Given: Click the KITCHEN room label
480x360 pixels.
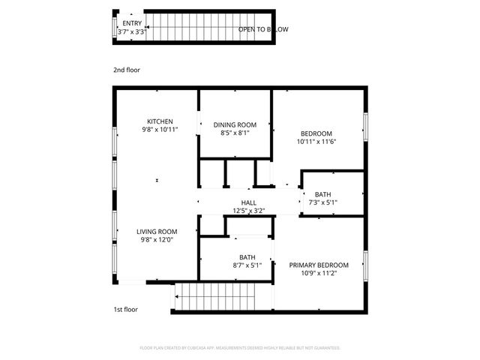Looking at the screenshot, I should pyautogui.click(x=160, y=121).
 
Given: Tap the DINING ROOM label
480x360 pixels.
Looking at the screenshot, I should pyautogui.click(x=235, y=124).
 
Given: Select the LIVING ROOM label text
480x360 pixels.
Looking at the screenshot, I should pyautogui.click(x=157, y=232).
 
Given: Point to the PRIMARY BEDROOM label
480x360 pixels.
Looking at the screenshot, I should pyautogui.click(x=319, y=265).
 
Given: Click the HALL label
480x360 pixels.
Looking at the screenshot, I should pyautogui.click(x=249, y=203).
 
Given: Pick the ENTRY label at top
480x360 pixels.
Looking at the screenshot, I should pyautogui.click(x=132, y=23).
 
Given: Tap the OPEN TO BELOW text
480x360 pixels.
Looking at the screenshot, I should pyautogui.click(x=263, y=29).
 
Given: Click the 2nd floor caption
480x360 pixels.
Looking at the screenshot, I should pyautogui.click(x=127, y=70).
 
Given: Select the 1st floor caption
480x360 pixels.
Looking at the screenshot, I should pyautogui.click(x=125, y=309).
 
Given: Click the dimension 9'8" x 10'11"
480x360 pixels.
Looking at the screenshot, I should pyautogui.click(x=160, y=130).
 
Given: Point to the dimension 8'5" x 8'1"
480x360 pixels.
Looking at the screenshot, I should pyautogui.click(x=235, y=133).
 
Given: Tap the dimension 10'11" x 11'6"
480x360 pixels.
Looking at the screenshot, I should pyautogui.click(x=316, y=141).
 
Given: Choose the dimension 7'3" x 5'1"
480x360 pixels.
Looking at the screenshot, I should pyautogui.click(x=323, y=202).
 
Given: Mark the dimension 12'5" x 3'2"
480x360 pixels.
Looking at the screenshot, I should pyautogui.click(x=249, y=211).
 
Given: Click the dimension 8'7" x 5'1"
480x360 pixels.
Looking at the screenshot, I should pyautogui.click(x=247, y=265).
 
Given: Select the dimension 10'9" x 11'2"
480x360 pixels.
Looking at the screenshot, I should pyautogui.click(x=318, y=274).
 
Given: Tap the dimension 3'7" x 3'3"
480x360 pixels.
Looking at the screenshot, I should pyautogui.click(x=132, y=31).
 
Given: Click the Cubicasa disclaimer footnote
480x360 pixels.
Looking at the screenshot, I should pyautogui.click(x=240, y=348).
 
